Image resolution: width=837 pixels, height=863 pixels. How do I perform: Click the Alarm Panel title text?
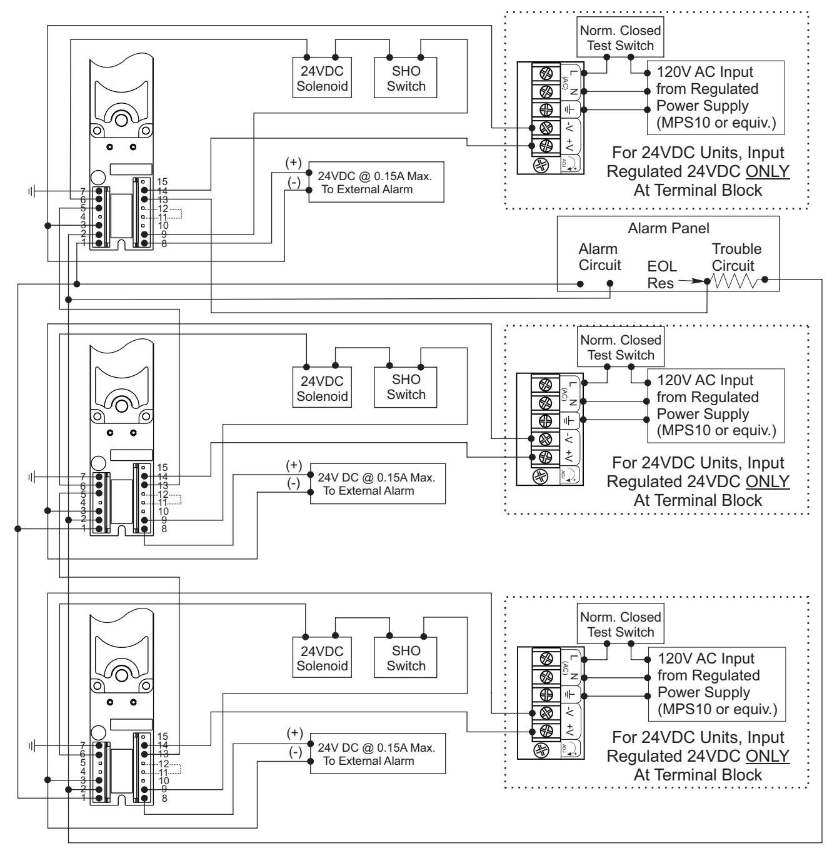[668, 228]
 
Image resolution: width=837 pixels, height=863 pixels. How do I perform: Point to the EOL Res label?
[662, 275]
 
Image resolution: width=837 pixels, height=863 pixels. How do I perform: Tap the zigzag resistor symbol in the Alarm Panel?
[734, 281]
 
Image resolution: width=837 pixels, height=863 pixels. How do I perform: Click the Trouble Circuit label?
[736, 257]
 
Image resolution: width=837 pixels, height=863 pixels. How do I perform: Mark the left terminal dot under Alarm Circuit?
[580, 284]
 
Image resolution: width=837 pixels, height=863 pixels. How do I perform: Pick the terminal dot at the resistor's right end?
[764, 280]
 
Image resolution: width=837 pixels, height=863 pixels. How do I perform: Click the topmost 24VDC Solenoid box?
[322, 78]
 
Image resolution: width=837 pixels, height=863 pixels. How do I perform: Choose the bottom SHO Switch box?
[405, 658]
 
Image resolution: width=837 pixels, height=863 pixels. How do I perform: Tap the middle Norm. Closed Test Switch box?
[621, 347]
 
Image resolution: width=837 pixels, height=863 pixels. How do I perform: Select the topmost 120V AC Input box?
[716, 98]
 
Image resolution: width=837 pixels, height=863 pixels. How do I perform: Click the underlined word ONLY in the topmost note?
[768, 171]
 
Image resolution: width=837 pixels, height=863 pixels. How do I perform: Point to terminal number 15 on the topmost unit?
[163, 181]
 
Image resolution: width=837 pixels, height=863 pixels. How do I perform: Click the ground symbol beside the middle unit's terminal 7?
[31, 477]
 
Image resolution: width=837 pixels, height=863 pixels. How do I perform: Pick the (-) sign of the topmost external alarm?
[294, 182]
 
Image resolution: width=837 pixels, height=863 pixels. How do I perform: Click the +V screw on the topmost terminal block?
[546, 146]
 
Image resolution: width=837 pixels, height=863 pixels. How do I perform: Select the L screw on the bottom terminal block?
[546, 659]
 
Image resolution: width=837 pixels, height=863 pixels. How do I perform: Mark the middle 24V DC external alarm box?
[378, 484]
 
